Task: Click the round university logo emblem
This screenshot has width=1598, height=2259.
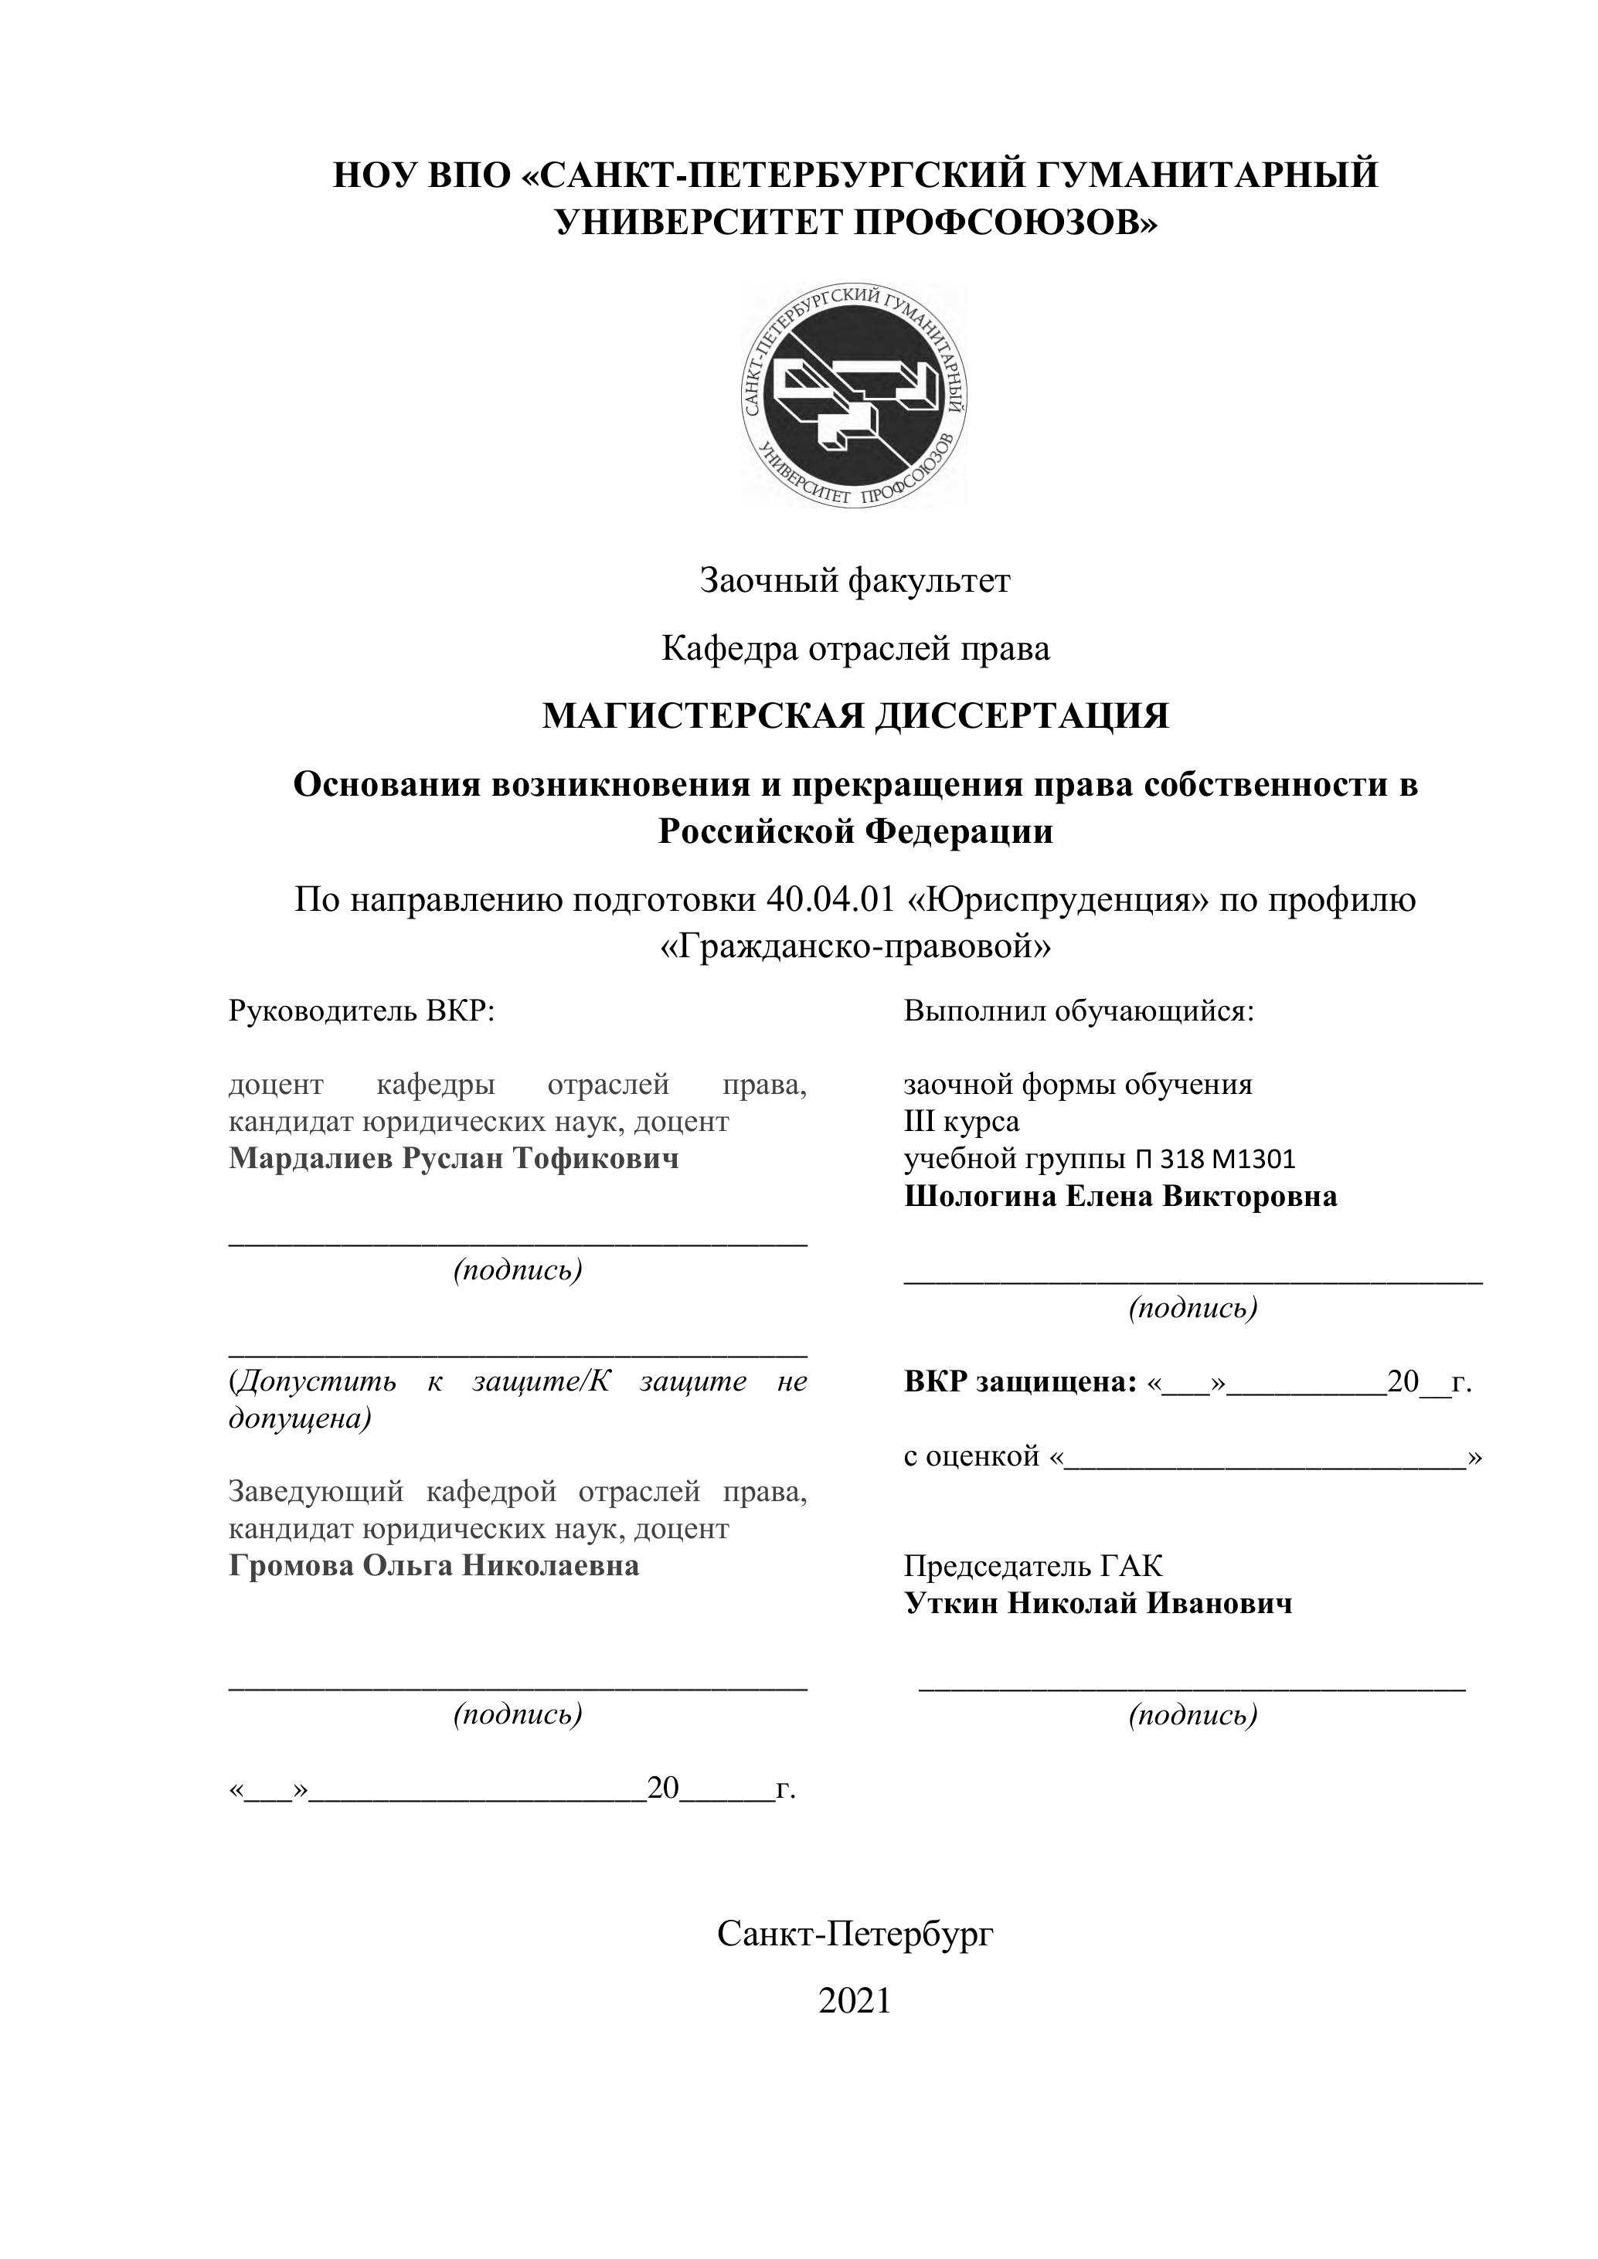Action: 854,396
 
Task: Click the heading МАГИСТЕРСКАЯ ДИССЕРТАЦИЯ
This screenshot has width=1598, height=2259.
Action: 855,716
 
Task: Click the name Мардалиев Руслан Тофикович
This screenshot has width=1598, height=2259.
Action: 454,1158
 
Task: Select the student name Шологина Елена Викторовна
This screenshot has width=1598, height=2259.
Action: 1120,1197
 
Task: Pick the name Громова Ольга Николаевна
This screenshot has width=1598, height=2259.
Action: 434,1565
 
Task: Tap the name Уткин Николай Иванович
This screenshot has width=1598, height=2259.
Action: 1098,1604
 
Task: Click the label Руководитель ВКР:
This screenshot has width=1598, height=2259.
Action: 361,1011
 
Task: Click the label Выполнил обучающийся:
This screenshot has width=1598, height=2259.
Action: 1079,1011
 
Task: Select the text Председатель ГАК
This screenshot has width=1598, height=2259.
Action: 1033,1565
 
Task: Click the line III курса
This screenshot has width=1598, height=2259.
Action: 961,1122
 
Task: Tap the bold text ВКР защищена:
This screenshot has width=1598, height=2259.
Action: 1021,1382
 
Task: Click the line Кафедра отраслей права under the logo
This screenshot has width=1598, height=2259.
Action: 854,648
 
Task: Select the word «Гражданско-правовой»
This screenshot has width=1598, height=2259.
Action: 854,946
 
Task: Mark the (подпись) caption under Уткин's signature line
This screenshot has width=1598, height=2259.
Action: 1192,1715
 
